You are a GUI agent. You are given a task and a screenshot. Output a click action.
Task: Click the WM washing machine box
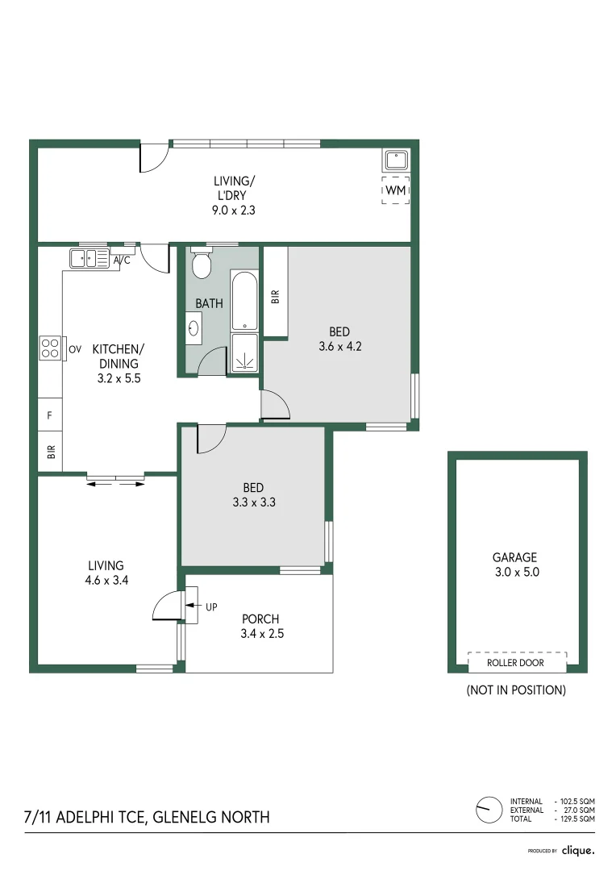[396, 190]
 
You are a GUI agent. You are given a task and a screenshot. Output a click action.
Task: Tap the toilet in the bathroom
[201, 263]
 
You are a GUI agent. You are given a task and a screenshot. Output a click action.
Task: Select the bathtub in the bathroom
[244, 301]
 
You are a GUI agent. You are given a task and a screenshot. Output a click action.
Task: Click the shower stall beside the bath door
[244, 352]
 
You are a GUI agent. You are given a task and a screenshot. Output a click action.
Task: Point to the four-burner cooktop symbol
[50, 348]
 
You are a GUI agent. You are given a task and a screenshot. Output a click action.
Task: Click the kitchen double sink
[89, 258]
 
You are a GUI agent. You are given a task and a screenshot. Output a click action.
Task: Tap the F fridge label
[49, 415]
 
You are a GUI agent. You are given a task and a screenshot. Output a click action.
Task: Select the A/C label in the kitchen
[122, 260]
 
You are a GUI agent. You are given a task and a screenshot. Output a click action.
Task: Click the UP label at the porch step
[211, 607]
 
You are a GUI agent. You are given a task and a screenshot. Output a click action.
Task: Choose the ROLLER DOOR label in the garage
[515, 663]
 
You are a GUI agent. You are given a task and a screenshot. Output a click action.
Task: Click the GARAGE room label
[515, 557]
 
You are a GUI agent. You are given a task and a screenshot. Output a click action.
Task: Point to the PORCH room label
[260, 619]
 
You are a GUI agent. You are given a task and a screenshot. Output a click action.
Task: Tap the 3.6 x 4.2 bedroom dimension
[340, 346]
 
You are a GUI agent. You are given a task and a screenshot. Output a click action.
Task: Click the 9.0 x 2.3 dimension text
[233, 210]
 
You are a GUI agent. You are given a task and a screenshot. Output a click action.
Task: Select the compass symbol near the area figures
[489, 810]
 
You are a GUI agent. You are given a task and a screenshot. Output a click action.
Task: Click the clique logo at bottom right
[578, 851]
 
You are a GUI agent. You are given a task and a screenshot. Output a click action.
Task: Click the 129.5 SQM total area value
[577, 819]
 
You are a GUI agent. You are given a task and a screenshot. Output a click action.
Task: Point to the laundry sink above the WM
[396, 160]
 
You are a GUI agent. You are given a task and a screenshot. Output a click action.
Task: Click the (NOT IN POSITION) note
[516, 690]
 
